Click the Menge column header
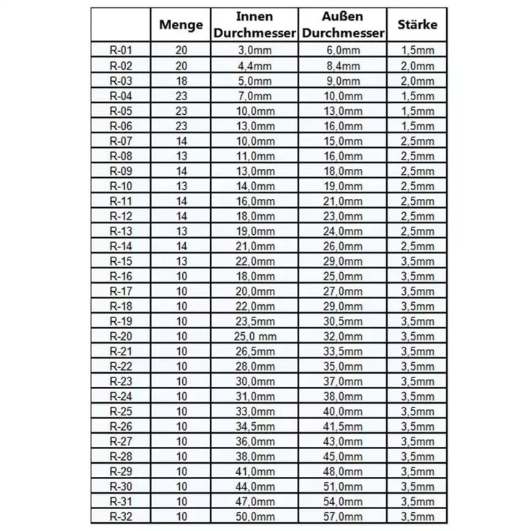pos(181,25)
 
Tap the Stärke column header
pos(418,25)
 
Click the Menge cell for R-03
pos(181,80)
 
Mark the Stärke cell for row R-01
pos(418,50)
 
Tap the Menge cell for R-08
pos(181,155)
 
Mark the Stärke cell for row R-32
pos(418,516)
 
